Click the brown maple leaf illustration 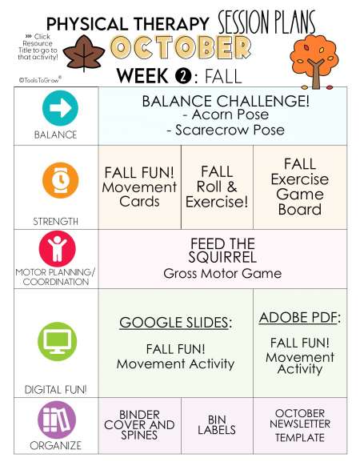[84, 53]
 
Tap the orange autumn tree [314, 61]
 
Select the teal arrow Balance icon [60, 108]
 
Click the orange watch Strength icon [61, 180]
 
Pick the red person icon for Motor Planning [58, 249]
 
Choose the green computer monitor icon [58, 341]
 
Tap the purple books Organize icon [57, 420]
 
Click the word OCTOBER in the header [181, 47]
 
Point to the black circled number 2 [183, 76]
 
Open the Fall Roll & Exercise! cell [217, 187]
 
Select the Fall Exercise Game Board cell [300, 187]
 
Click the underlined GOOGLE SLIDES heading [175, 323]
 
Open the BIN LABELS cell [217, 426]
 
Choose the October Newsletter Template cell [300, 426]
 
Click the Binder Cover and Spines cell [140, 426]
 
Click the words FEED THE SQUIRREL [222, 251]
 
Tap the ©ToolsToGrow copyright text [40, 79]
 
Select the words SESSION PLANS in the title [266, 22]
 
